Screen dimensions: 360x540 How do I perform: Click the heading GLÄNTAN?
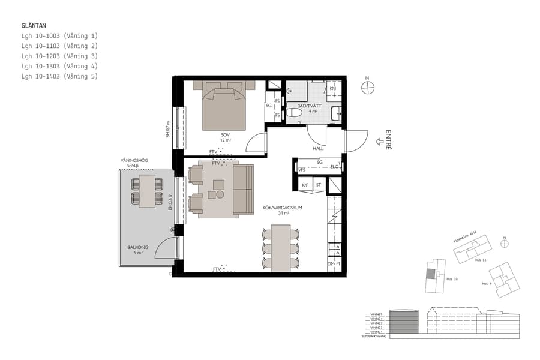pos(34,26)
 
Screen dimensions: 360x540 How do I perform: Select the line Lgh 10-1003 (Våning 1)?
pos(59,36)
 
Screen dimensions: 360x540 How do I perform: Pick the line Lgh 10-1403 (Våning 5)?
pos(59,76)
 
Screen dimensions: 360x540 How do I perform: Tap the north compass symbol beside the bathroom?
pos(368,88)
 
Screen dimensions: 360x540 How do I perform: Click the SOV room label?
pos(226,135)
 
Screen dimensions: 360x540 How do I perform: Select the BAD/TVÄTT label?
pos(313,106)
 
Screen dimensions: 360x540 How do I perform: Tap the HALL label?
pos(318,148)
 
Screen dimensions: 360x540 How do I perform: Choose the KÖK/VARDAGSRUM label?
pos(282,208)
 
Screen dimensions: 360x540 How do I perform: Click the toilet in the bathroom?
pos(295,112)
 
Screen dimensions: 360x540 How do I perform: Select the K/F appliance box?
pos(305,185)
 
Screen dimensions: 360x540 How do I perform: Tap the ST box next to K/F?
pos(319,185)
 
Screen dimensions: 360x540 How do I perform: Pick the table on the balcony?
pos(147,191)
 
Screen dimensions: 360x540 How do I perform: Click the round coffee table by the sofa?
pos(220,194)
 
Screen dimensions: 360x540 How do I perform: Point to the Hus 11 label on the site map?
pos(479,260)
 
